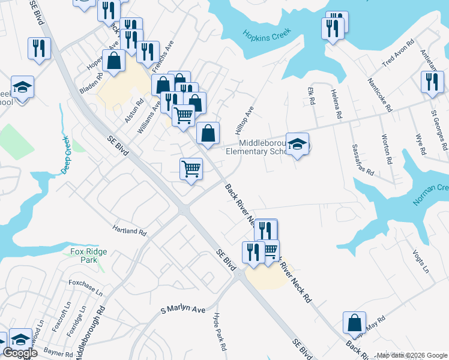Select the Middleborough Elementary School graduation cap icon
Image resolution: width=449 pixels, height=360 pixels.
[297, 144]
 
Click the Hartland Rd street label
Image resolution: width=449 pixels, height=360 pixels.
[130, 230]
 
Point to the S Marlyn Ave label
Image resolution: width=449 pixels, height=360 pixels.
[182, 310]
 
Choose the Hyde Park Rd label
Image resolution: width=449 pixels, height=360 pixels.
[218, 331]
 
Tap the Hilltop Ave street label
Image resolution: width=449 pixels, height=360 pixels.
[246, 120]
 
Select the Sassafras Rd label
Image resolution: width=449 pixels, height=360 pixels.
[363, 159]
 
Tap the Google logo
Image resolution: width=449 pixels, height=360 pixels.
[20, 353]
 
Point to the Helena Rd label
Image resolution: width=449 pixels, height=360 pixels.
[336, 104]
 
